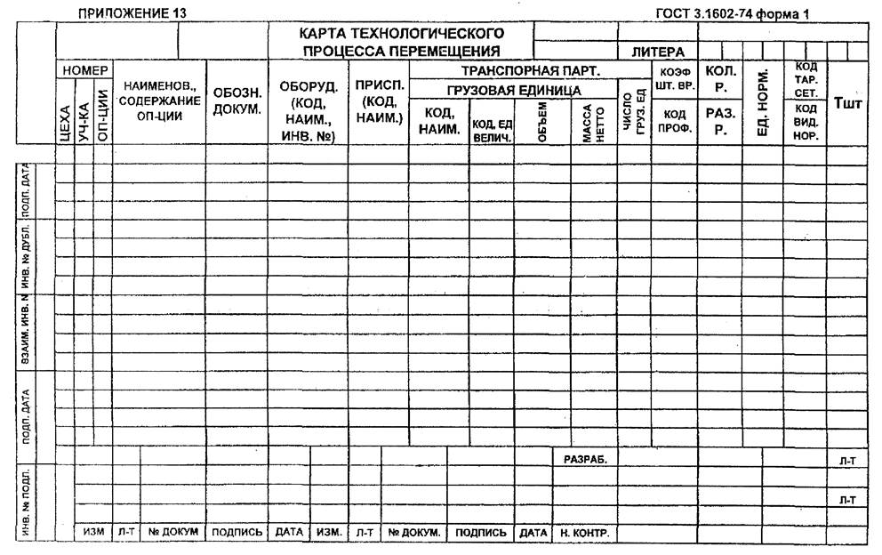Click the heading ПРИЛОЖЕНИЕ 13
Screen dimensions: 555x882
coord(132,12)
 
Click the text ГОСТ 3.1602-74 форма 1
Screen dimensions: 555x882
coord(731,12)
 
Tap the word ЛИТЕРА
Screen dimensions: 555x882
coord(657,52)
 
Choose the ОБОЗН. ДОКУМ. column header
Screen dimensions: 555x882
coord(237,101)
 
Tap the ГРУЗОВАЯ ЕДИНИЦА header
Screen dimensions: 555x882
coord(514,90)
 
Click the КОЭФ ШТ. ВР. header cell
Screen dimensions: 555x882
coord(673,78)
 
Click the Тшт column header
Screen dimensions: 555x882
coord(846,105)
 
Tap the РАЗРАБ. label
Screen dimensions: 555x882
coord(585,459)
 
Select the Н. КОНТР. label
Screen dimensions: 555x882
coord(583,533)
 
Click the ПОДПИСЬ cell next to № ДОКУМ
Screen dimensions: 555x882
coord(237,533)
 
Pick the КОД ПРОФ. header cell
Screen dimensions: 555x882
coord(673,121)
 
